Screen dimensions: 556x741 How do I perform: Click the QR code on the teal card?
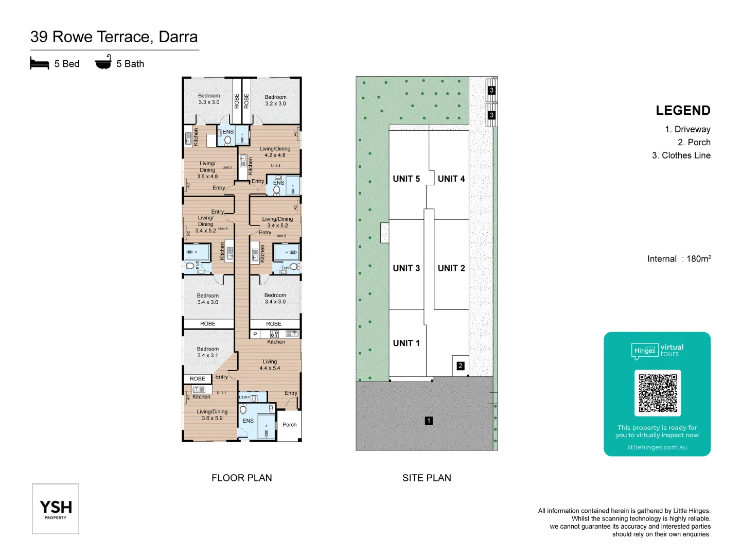click(x=658, y=393)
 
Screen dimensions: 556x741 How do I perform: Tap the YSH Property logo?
click(x=56, y=509)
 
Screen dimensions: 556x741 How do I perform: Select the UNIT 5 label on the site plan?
click(x=406, y=179)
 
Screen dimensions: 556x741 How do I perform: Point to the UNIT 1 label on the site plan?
click(x=406, y=343)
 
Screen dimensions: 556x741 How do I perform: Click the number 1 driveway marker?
click(x=429, y=421)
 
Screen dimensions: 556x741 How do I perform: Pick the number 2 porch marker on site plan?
click(x=461, y=366)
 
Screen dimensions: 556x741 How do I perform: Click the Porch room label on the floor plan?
click(x=289, y=425)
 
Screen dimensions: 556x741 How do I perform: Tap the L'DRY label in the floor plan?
click(x=244, y=397)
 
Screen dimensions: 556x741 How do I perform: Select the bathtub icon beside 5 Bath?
click(x=103, y=62)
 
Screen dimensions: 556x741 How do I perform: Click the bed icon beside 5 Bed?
click(x=40, y=63)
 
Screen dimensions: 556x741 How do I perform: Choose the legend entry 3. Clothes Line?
click(x=681, y=155)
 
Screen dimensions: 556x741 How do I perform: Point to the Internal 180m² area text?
click(x=679, y=259)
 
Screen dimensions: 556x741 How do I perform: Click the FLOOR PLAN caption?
click(x=241, y=478)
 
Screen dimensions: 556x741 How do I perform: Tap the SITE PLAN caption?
click(x=427, y=478)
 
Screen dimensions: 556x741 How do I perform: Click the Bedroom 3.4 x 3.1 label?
click(x=207, y=352)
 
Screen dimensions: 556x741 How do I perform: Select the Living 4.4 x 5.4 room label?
click(x=270, y=365)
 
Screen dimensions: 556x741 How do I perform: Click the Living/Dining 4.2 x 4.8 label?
click(x=275, y=152)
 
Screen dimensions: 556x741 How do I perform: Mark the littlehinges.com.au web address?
click(x=657, y=447)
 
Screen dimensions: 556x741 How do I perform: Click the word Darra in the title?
click(x=178, y=37)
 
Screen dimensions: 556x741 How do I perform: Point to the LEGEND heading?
click(x=683, y=111)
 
